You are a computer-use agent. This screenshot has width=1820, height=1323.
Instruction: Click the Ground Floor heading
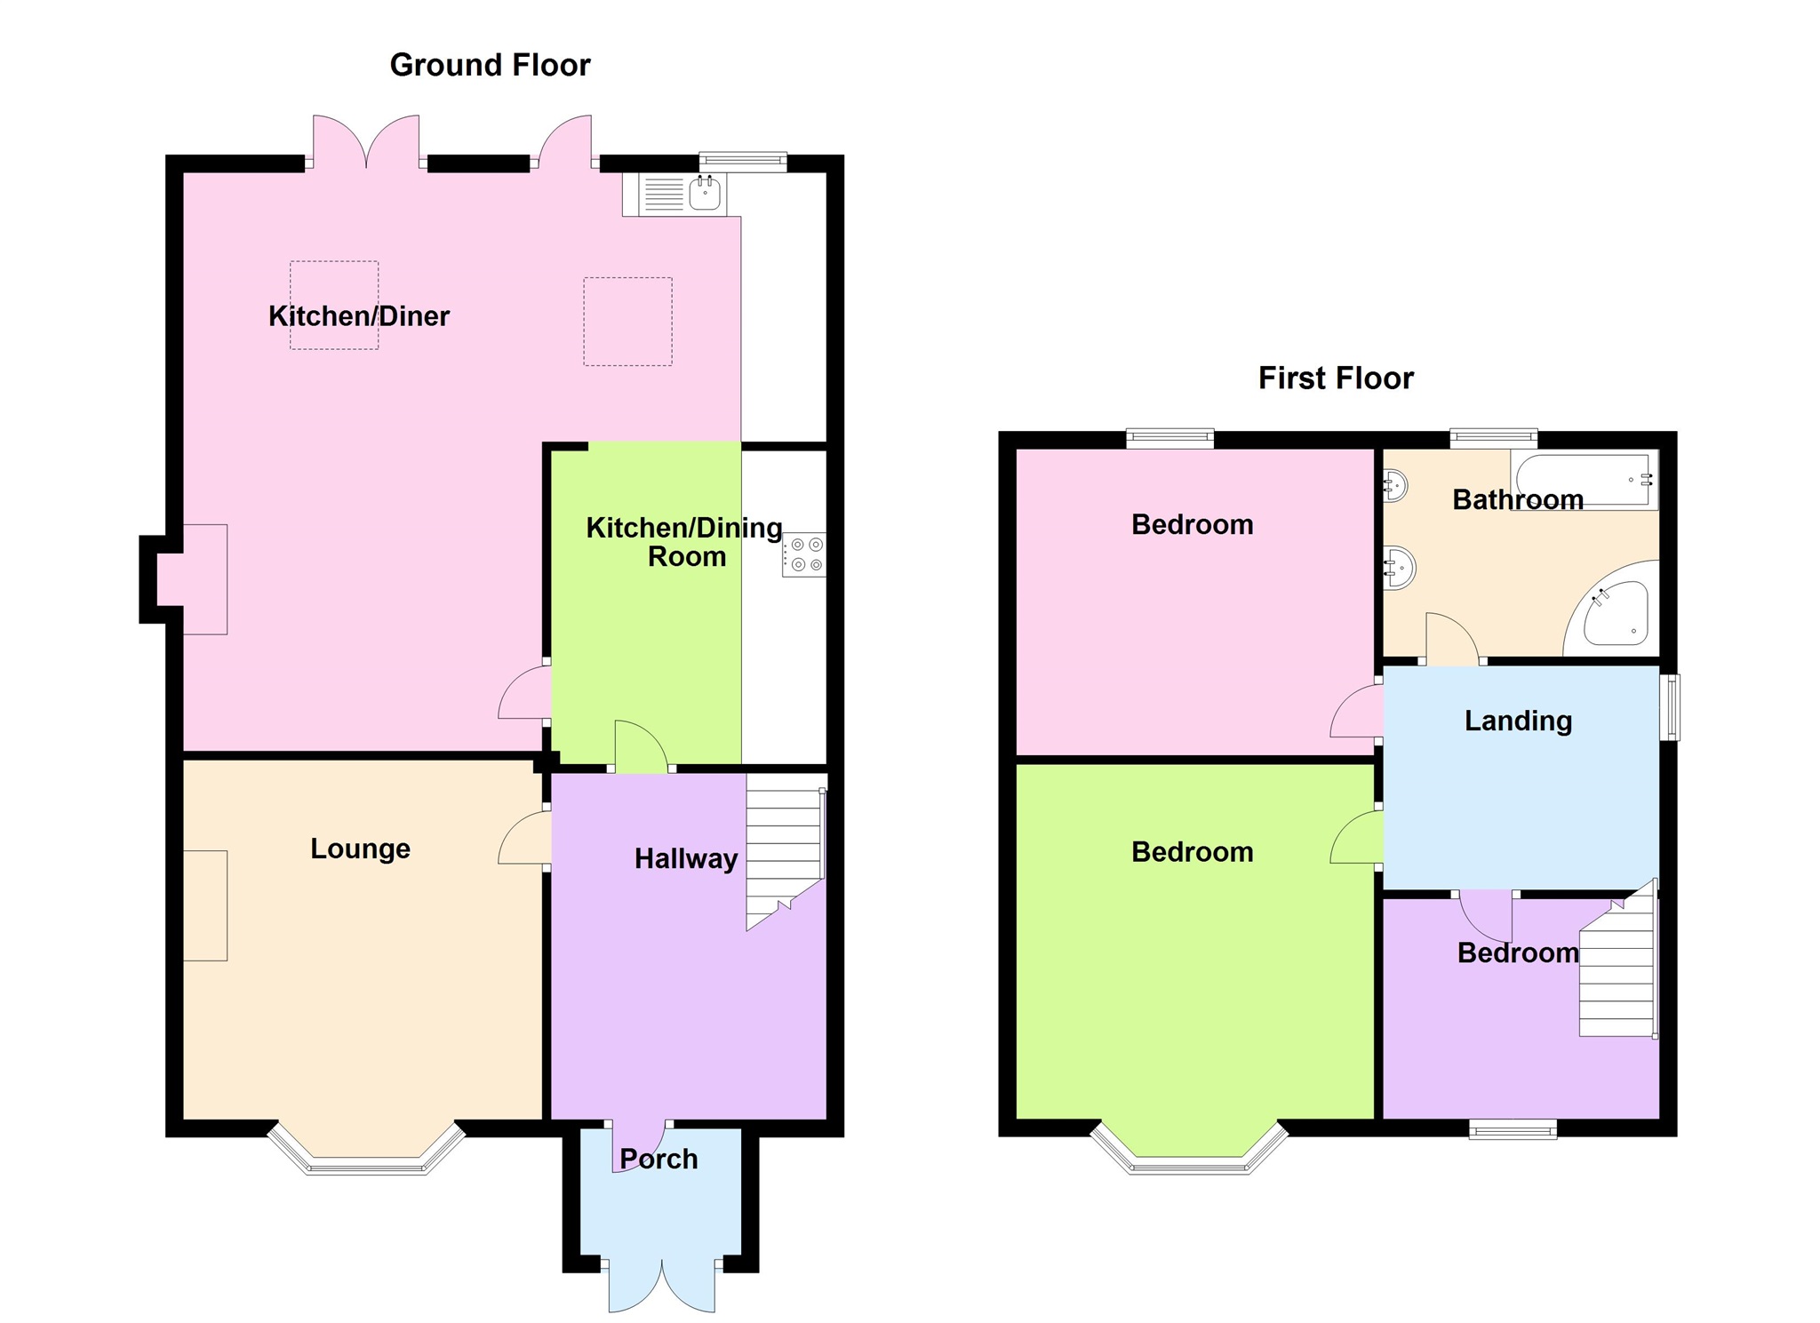[490, 65]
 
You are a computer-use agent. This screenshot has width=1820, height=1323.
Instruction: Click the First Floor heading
[1335, 379]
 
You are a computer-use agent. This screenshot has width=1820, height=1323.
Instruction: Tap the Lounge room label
[360, 849]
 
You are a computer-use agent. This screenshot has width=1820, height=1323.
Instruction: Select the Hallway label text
[685, 858]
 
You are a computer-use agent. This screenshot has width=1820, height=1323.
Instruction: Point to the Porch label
[659, 1159]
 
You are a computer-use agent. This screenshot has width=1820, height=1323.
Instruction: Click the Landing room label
[1518, 721]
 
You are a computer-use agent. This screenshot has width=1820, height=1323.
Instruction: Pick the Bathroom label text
[1517, 499]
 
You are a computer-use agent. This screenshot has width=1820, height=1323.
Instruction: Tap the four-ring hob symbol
[804, 554]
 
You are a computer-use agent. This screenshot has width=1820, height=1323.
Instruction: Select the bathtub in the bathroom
[1585, 480]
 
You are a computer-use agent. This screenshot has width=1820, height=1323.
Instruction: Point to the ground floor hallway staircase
[784, 849]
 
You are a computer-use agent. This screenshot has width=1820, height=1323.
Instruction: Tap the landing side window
[1672, 707]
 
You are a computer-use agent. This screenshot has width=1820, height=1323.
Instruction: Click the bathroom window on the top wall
[1493, 437]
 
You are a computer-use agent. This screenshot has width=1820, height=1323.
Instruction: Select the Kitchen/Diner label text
[359, 316]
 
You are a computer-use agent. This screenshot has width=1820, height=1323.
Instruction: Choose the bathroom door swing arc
[1451, 638]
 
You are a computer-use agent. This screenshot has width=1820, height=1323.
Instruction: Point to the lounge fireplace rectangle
[205, 905]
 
